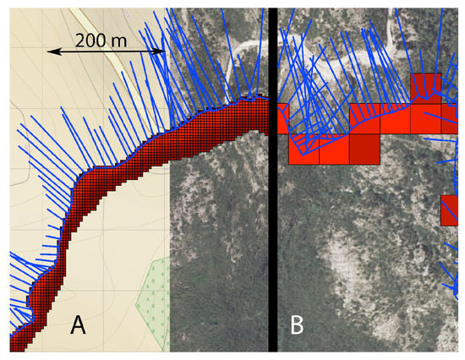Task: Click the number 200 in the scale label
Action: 90,39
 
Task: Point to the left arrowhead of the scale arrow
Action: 51,52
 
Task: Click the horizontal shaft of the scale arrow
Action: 105,52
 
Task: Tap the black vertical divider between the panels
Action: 272,211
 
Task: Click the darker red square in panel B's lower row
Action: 365,149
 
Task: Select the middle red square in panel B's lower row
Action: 335,149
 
